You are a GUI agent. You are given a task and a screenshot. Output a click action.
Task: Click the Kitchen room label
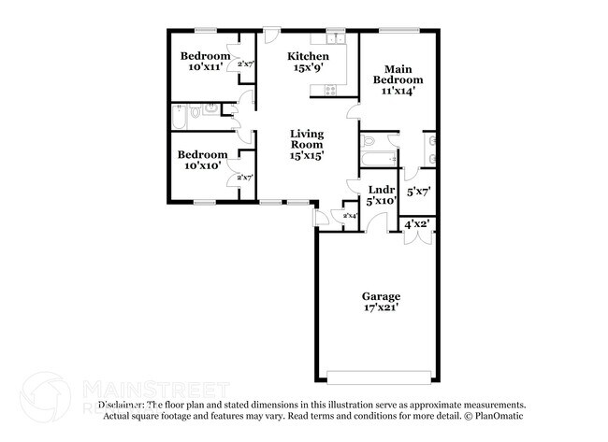(306, 56)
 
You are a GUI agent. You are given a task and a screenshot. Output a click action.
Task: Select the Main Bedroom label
(392, 74)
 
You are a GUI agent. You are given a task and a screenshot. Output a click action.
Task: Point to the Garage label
(382, 294)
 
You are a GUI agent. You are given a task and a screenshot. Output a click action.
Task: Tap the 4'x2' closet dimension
(416, 224)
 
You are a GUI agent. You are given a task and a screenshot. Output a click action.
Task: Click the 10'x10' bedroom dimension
(202, 166)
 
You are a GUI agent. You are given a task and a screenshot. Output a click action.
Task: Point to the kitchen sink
(331, 41)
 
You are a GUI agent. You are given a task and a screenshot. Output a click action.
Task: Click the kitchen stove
(330, 90)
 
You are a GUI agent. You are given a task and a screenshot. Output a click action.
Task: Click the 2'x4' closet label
(351, 216)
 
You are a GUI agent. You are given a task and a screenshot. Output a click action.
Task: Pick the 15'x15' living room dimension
(306, 156)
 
